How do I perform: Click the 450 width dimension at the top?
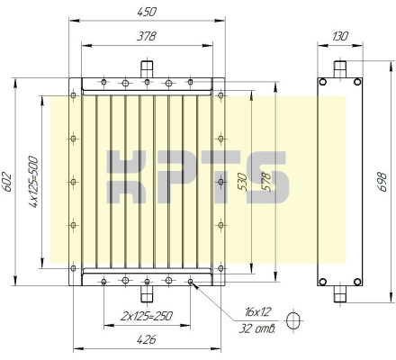pos(147,12)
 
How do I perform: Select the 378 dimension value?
pos(147,36)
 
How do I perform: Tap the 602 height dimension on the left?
pos(7,182)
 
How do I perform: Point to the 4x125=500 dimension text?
pos(33,182)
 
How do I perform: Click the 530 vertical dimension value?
pos(242,182)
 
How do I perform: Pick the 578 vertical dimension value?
pos(265,182)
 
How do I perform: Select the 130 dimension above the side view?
pos(340,36)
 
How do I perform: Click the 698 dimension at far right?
pos(382,182)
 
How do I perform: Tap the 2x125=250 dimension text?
pos(147,316)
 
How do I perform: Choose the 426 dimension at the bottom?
pos(147,340)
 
